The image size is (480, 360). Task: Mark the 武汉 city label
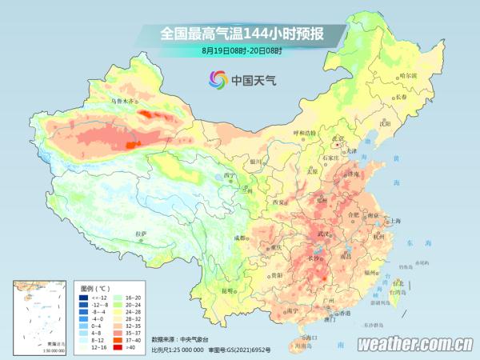click(x=322, y=233)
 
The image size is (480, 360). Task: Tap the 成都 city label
click(x=239, y=238)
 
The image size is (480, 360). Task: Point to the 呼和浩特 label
click(x=305, y=132)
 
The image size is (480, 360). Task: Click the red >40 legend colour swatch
click(x=121, y=347)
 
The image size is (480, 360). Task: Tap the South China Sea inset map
click(x=40, y=317)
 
